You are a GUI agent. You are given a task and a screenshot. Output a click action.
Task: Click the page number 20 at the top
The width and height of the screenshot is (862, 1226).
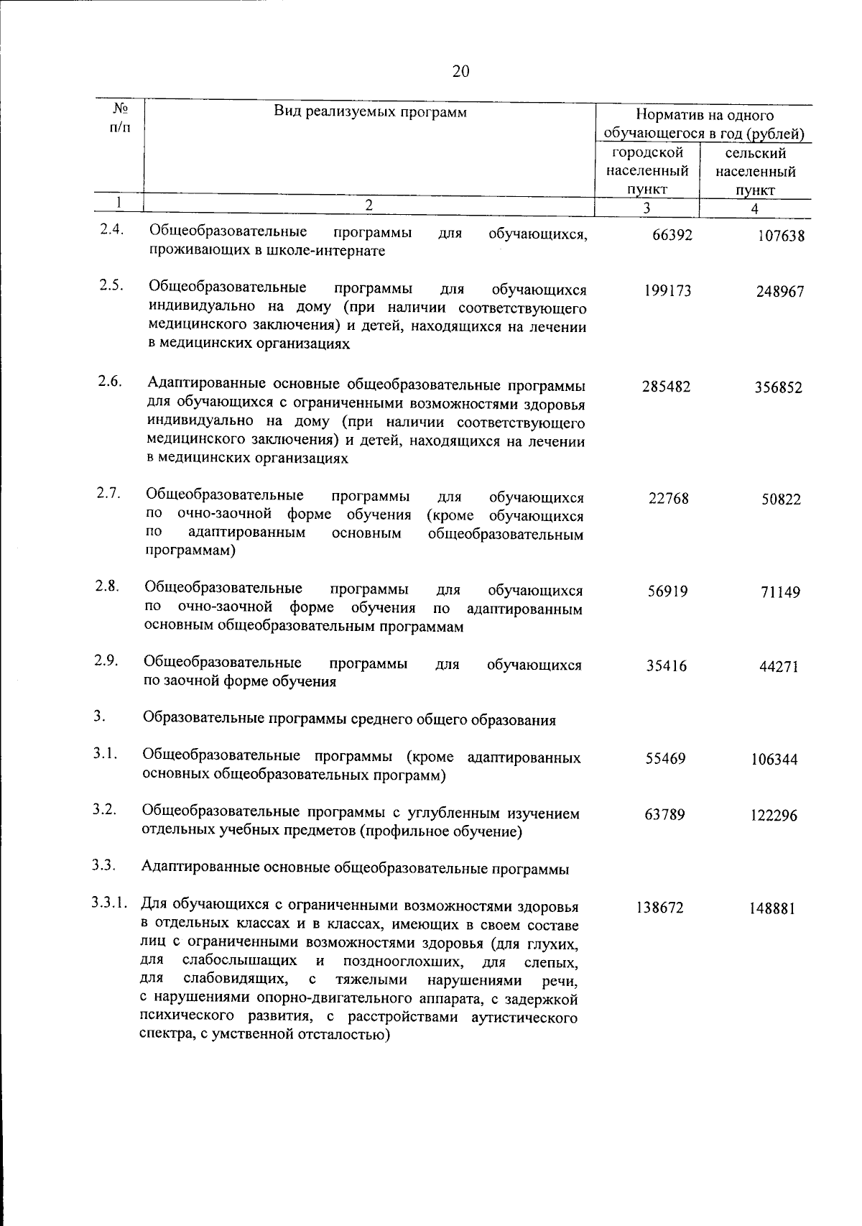point(461,70)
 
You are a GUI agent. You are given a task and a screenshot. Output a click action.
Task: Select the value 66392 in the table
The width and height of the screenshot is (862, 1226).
point(672,235)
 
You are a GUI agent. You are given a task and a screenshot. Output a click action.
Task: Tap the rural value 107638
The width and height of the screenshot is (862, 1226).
point(781,236)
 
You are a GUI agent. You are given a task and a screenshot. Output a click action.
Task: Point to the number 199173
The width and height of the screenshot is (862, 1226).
point(667,291)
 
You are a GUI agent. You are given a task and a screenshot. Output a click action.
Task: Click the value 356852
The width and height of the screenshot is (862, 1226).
point(778,388)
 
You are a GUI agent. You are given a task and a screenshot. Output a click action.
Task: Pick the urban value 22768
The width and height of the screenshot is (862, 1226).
point(668,498)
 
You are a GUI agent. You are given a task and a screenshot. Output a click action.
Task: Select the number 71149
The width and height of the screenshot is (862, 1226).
point(780,593)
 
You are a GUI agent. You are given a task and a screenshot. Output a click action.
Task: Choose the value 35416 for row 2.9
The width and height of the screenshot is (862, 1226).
point(667,666)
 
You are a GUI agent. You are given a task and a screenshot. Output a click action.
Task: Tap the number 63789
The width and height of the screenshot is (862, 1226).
point(664,815)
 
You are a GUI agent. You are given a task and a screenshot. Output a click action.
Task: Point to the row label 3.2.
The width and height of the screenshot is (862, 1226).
point(104,809)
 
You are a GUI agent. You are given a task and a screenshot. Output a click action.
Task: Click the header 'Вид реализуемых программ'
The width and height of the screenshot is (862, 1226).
point(370,111)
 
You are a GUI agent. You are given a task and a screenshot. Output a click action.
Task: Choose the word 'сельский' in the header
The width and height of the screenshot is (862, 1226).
point(756,154)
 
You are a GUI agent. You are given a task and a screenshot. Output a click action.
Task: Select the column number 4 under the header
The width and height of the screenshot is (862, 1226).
point(754,209)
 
